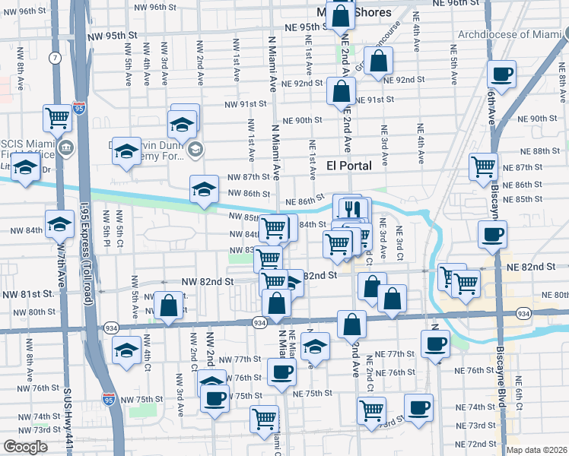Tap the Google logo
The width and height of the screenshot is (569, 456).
pyautogui.click(x=25, y=447)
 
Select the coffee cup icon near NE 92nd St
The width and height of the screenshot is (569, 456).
pyautogui.click(x=501, y=74)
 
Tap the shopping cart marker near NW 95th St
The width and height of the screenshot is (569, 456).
pyautogui.click(x=57, y=117)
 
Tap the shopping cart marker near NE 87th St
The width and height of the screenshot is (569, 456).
pyautogui.click(x=484, y=166)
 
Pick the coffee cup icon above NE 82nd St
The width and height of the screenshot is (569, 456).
pyautogui.click(x=492, y=233)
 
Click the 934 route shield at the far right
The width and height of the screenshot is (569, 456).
pyautogui.click(x=523, y=313)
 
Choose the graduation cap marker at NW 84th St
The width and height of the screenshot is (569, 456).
pyautogui.click(x=59, y=223)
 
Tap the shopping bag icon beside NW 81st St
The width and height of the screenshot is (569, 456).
pyautogui.click(x=170, y=306)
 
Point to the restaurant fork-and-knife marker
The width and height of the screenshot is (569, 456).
pyautogui.click(x=351, y=207)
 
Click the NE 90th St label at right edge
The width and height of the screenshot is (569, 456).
pyautogui.click(x=544, y=119)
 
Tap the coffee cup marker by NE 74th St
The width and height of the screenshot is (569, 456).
pyautogui.click(x=418, y=407)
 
